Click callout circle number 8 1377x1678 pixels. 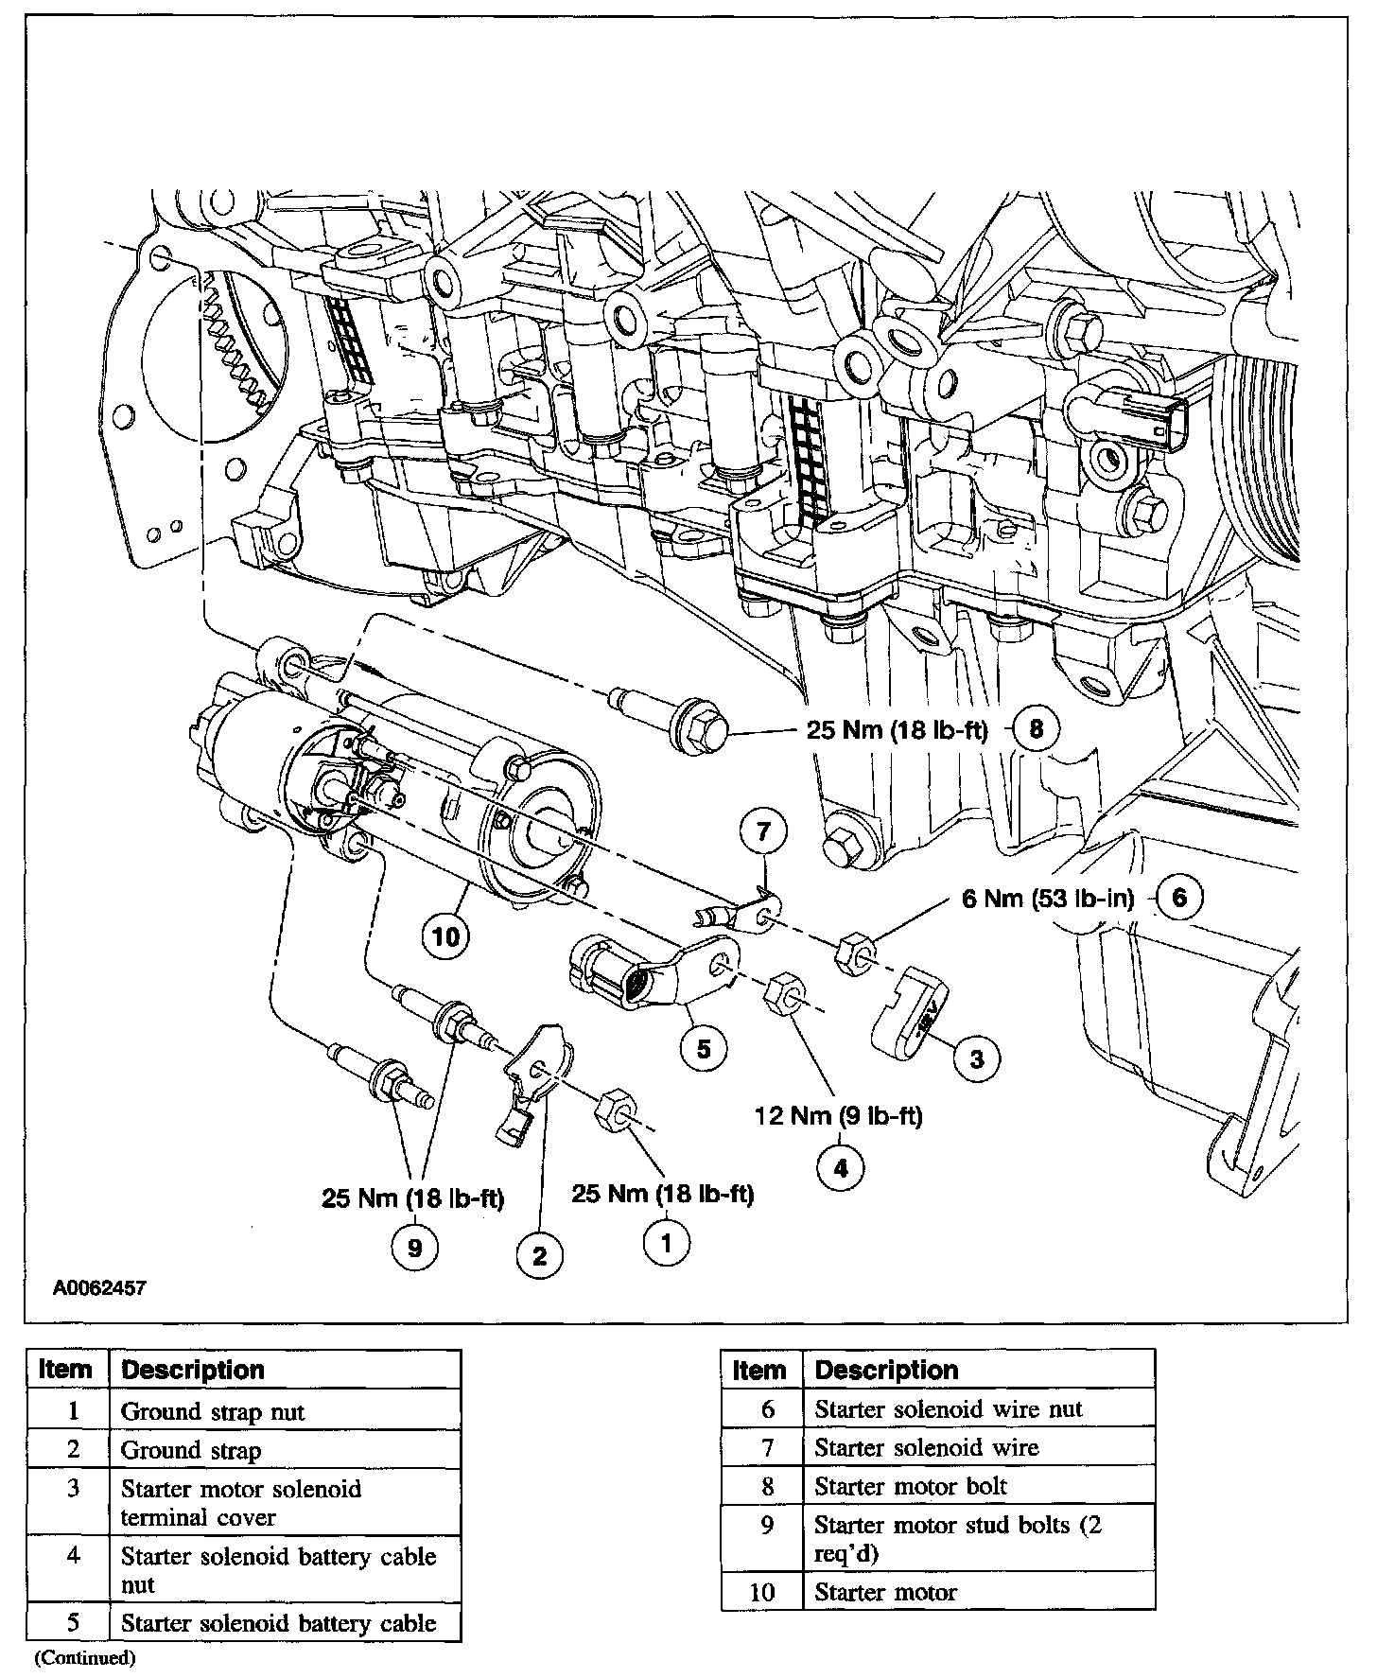point(1037,729)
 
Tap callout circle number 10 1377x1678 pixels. point(445,936)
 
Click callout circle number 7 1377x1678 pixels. point(763,831)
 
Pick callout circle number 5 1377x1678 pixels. point(704,1048)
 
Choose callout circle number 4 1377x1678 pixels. point(841,1168)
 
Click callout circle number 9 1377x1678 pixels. point(414,1249)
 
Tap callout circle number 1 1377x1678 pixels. point(667,1242)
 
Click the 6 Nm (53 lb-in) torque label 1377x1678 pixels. point(1047,897)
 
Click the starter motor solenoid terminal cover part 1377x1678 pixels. point(910,1019)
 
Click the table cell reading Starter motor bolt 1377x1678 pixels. point(910,1486)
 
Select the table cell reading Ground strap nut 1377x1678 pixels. point(213,1412)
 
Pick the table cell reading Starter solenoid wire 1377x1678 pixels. point(926,1447)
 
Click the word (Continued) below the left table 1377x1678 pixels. point(86,1657)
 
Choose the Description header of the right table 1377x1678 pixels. point(886,1370)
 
